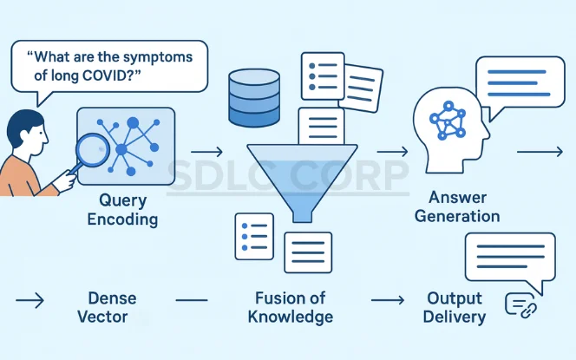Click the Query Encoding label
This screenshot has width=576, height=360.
pos(121,209)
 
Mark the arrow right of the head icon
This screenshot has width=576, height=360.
pos(540,152)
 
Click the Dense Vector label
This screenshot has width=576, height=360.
pos(112,308)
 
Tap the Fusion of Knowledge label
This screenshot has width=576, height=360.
pos(290,307)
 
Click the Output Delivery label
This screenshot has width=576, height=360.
pos(454,307)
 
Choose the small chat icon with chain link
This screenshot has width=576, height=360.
pos(520,305)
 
